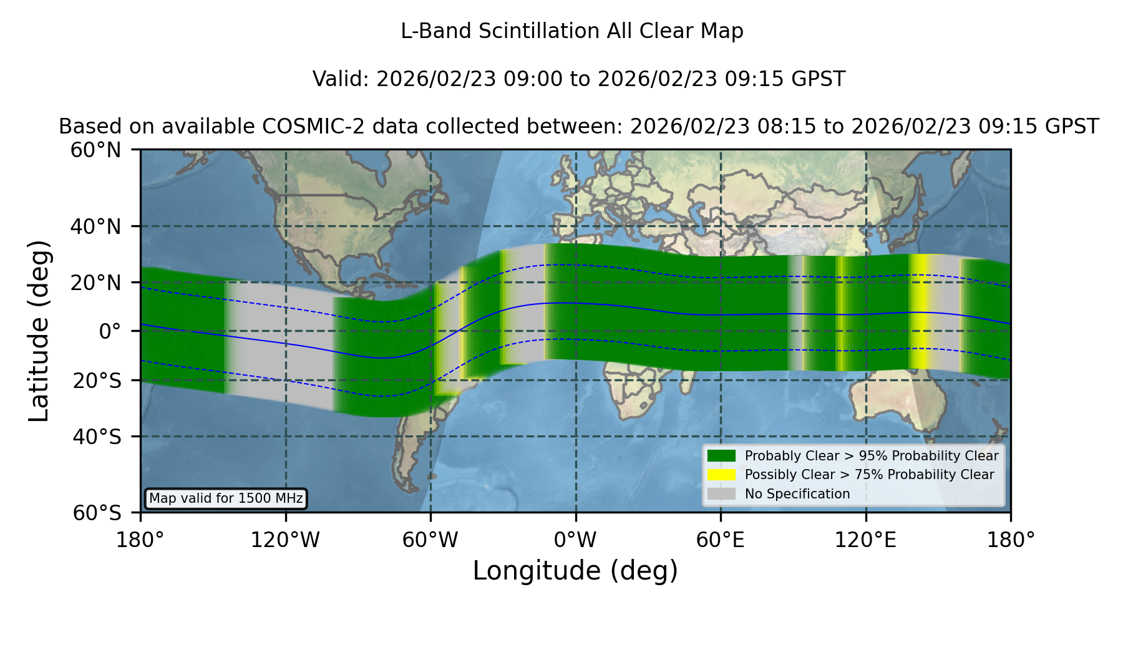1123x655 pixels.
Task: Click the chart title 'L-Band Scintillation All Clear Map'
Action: click(571, 31)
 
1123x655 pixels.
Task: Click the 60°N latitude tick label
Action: click(95, 150)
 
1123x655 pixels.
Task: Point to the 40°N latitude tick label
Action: click(95, 226)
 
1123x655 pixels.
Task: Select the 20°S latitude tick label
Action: click(97, 380)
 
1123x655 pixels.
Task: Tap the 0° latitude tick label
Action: click(110, 331)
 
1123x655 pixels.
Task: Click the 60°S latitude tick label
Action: click(97, 513)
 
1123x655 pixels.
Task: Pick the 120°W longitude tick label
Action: click(285, 540)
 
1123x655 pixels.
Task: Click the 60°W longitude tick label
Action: click(430, 540)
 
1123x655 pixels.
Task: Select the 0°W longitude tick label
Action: click(576, 540)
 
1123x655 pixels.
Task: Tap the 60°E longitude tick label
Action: click(721, 540)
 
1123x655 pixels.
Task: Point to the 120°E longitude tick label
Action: click(865, 540)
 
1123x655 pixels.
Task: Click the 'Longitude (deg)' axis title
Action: click(575, 571)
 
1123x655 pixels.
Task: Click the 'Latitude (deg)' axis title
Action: click(39, 331)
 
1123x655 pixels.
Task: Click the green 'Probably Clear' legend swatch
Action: click(721, 455)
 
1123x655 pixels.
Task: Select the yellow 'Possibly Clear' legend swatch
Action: click(721, 474)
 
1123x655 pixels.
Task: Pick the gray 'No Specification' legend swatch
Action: click(721, 493)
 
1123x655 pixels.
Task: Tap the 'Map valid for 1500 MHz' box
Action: click(226, 498)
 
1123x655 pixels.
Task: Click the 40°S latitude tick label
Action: click(97, 437)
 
